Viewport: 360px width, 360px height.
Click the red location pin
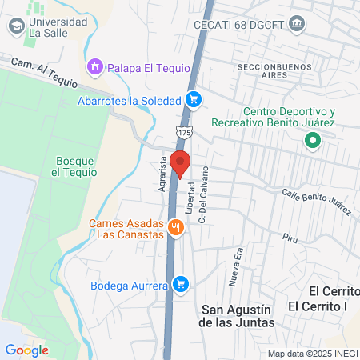[180, 162]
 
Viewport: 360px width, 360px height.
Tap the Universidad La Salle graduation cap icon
[15, 27]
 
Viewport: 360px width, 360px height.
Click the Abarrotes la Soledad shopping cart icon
[193, 100]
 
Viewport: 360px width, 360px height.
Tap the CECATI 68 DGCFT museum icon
[298, 23]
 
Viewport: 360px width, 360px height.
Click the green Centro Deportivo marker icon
[312, 142]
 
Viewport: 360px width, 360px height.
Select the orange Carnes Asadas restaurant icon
[176, 228]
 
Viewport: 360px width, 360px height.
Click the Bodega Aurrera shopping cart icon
[181, 284]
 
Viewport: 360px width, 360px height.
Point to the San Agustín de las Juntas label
[237, 316]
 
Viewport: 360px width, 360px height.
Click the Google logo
[26, 350]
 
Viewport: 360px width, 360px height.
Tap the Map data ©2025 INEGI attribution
[311, 353]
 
